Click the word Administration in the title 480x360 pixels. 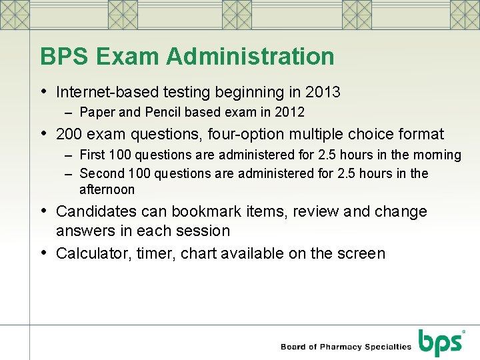click(x=250, y=57)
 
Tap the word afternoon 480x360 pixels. click(x=107, y=189)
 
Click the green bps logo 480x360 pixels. click(x=440, y=343)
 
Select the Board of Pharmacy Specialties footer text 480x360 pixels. click(x=346, y=347)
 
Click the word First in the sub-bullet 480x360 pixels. click(x=91, y=155)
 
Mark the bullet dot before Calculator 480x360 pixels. click(x=45, y=253)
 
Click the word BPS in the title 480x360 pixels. click(x=65, y=57)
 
